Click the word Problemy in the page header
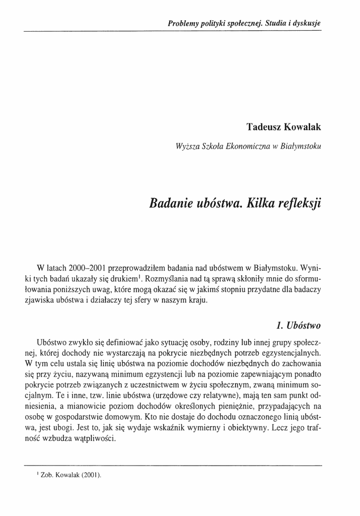tap(182, 23)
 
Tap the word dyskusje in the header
tap(307, 23)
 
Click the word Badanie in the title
tap(171, 204)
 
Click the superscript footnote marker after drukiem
tap(141, 276)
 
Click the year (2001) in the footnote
tap(92, 475)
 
